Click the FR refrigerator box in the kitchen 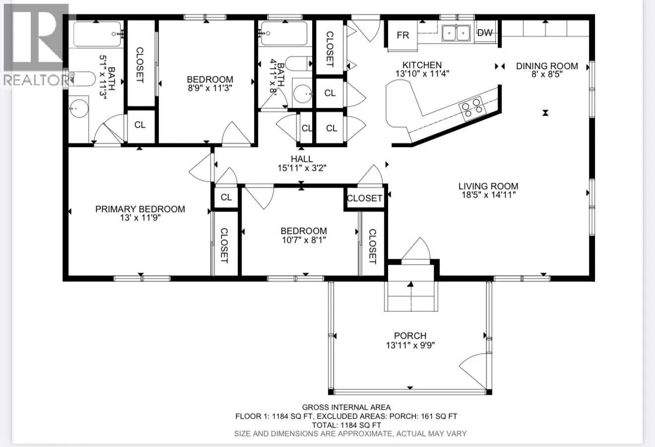click(402, 36)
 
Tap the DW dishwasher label click(485, 33)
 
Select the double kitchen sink click(456, 33)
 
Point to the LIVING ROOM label click(488, 186)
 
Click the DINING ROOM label click(547, 66)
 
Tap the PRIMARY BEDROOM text click(140, 209)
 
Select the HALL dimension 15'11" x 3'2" click(302, 168)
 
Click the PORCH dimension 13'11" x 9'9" click(410, 345)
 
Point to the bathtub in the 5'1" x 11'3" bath click(97, 34)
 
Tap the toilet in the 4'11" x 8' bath click(299, 64)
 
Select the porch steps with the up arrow click(411, 296)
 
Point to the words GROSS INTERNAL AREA click(346, 407)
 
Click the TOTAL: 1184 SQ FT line click(346, 425)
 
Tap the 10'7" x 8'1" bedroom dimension click(304, 240)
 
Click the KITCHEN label click(422, 65)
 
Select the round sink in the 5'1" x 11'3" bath click(79, 108)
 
